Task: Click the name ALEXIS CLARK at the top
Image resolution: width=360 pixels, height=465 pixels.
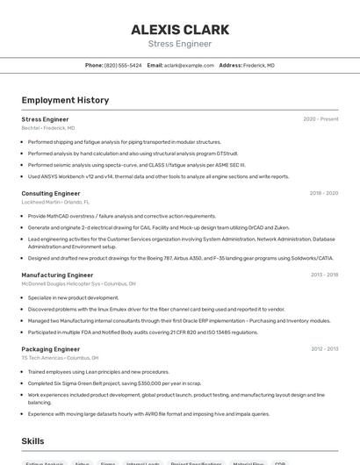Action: (180, 29)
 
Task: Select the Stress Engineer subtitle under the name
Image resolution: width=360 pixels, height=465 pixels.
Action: (180, 43)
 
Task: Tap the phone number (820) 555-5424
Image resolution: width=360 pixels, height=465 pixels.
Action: (123, 65)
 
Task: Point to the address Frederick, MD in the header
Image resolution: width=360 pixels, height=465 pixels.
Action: (258, 65)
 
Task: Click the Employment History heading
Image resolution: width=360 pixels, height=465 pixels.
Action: (65, 100)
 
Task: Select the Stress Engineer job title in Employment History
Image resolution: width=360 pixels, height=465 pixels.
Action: (45, 119)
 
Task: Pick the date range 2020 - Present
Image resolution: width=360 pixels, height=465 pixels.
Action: (320, 119)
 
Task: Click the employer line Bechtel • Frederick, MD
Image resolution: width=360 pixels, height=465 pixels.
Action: (48, 128)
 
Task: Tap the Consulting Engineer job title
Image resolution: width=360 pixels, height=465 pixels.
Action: (51, 193)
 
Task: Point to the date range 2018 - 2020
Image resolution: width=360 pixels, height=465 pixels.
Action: (323, 193)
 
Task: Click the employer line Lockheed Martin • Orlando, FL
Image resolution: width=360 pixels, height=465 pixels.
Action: (55, 202)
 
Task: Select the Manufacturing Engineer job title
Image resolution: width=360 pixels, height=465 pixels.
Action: (57, 275)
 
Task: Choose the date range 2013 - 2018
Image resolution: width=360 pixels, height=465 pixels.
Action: (324, 275)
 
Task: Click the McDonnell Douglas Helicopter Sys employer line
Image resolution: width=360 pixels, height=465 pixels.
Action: (78, 284)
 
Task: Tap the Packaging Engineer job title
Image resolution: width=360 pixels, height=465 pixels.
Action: (51, 349)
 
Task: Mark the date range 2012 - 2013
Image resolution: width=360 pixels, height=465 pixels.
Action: (324, 349)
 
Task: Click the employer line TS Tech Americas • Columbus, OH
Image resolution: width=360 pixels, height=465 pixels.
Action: (60, 358)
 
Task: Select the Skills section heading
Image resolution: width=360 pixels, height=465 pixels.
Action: (32, 441)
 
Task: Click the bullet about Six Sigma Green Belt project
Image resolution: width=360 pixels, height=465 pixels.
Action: (114, 383)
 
